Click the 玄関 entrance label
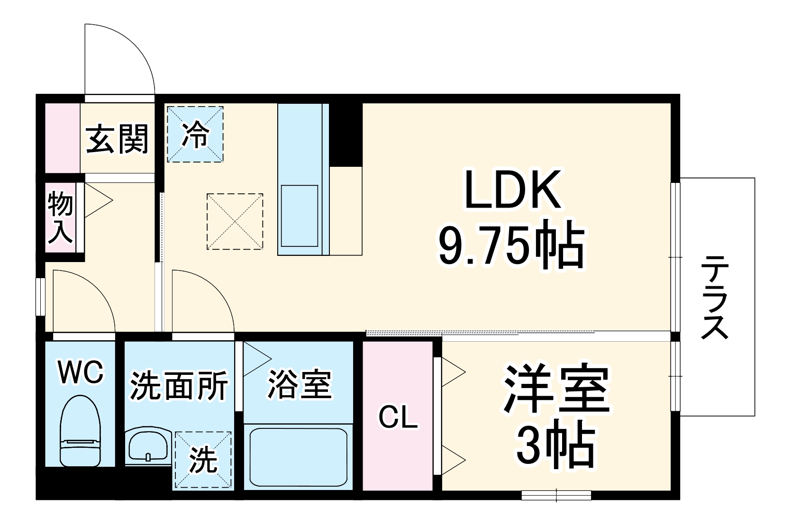117,139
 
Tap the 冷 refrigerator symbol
195,135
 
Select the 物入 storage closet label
61,218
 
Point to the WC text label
80,372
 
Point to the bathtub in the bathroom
298,457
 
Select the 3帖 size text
555,446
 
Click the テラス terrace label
714,297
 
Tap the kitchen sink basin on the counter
299,216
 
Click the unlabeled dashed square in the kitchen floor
235,221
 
